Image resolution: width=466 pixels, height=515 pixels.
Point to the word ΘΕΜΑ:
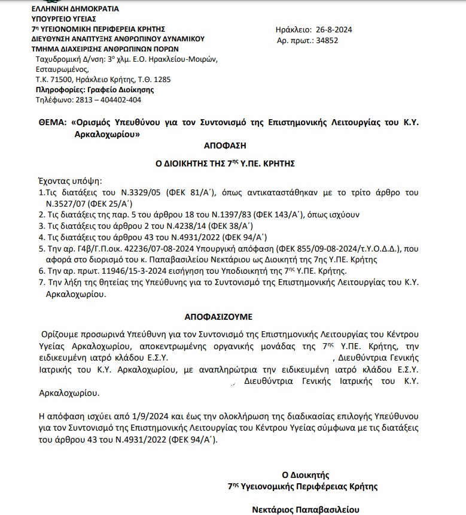click(51, 122)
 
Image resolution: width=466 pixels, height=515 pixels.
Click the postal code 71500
click(62, 79)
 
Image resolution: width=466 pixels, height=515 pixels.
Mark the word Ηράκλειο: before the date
click(293, 29)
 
